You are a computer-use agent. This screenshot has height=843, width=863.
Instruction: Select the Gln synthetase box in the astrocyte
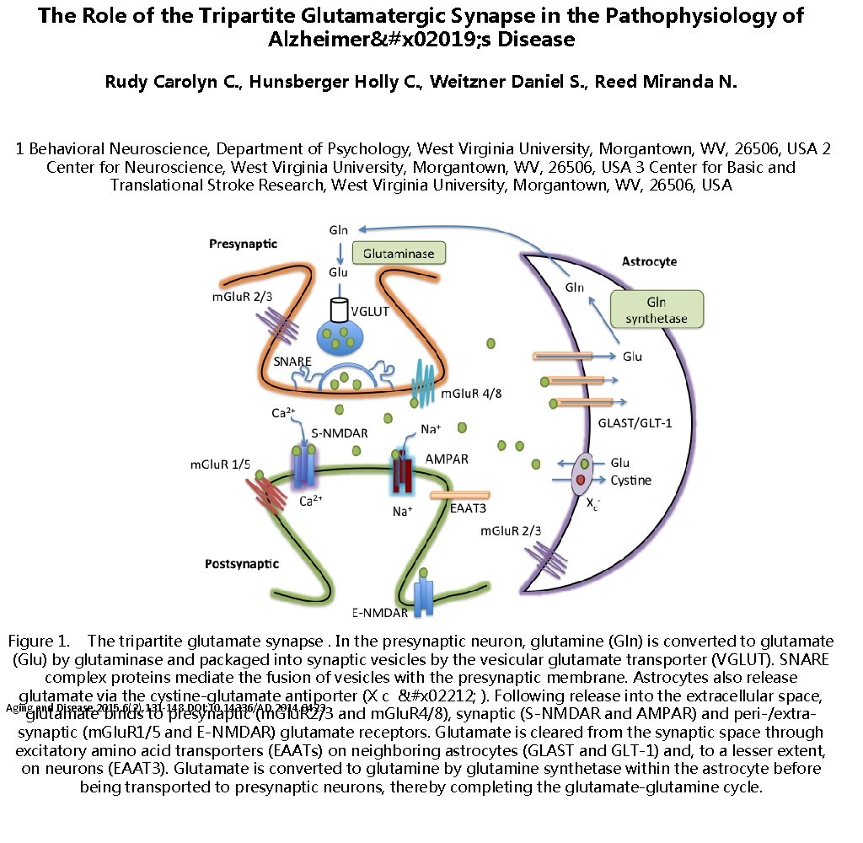click(656, 310)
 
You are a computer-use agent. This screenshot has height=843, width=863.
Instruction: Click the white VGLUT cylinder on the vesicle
click(340, 309)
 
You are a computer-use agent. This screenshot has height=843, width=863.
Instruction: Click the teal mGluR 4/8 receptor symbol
click(422, 379)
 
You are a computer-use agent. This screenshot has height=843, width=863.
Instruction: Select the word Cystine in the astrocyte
click(631, 481)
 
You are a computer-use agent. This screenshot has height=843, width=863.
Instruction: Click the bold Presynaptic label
click(243, 244)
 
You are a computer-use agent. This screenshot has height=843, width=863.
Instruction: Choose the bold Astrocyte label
click(649, 261)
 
